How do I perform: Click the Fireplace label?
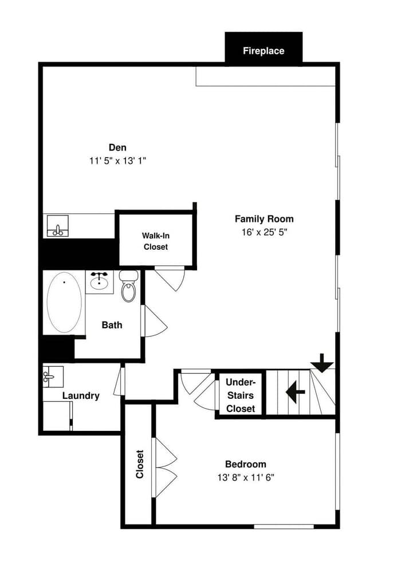[263, 51]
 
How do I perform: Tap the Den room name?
[117, 148]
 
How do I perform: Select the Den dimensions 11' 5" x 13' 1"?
[117, 161]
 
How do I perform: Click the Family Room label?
[264, 219]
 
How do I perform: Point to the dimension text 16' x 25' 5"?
[264, 232]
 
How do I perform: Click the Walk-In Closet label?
[155, 241]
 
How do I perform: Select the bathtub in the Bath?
[64, 301]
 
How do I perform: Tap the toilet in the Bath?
[129, 286]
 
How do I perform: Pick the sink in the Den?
[57, 226]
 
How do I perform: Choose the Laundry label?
[81, 395]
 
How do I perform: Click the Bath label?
[112, 325]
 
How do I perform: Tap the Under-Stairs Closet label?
[241, 395]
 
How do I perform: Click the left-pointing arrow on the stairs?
[295, 393]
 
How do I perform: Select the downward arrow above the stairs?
[322, 363]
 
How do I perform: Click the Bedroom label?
[245, 464]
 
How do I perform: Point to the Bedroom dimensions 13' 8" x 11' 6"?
[245, 477]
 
